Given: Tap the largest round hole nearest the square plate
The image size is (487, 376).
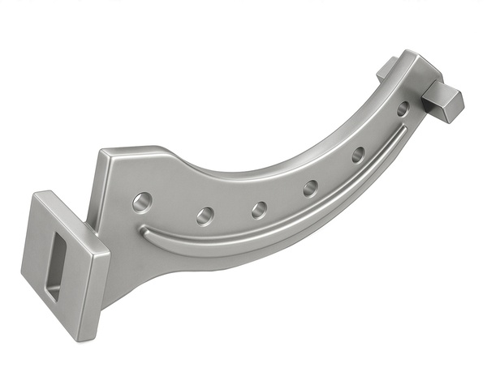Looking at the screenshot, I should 142,199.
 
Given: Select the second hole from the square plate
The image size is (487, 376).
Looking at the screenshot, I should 205,216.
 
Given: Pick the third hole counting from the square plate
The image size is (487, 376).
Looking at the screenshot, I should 259,210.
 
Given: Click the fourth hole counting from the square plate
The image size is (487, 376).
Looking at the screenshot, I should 311,189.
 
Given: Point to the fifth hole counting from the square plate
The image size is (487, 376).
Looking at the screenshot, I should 358,154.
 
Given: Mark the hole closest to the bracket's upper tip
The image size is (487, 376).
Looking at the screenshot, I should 403,108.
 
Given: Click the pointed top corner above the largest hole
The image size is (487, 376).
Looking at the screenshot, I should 103,152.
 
